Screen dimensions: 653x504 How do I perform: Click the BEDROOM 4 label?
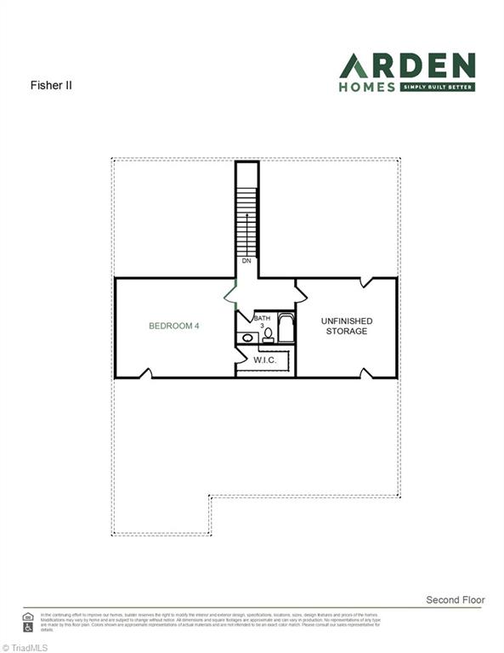tap(174, 325)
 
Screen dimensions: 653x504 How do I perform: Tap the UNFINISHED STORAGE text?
tap(346, 326)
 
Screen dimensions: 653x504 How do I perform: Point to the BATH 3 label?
tap(262, 321)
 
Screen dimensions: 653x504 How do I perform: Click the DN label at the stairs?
tap(246, 261)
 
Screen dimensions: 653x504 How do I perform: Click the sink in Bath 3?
tap(246, 338)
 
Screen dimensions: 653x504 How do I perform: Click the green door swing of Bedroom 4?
tap(229, 293)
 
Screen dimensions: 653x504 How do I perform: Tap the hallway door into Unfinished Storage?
tap(301, 293)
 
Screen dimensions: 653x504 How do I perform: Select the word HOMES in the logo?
tap(367, 87)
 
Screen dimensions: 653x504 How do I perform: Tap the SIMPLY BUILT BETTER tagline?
tap(437, 87)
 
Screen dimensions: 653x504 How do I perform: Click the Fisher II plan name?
tap(47, 86)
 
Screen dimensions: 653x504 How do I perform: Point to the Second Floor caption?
tap(455, 600)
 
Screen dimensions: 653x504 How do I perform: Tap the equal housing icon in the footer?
tap(28, 616)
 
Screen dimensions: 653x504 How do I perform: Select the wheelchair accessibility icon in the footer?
tap(28, 626)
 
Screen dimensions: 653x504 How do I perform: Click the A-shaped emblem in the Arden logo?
tap(354, 65)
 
